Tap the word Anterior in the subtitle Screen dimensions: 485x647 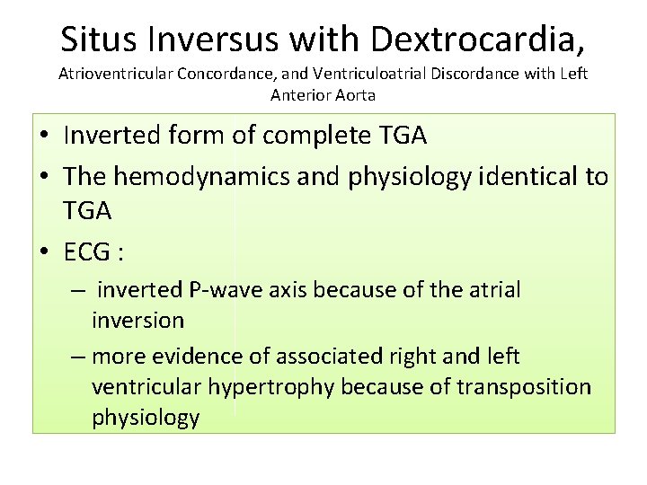(x=300, y=93)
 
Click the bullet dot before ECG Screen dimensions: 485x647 (x=45, y=254)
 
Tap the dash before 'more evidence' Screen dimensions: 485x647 (x=78, y=357)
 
